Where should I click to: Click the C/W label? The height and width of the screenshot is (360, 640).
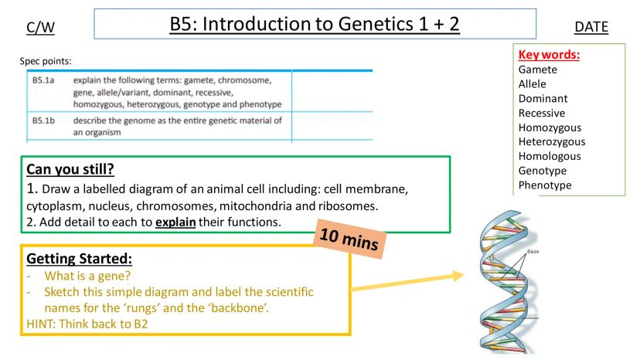click(40, 27)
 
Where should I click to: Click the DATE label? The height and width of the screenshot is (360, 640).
click(591, 27)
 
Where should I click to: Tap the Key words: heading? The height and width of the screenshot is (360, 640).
click(549, 54)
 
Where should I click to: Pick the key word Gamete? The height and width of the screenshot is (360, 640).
click(537, 70)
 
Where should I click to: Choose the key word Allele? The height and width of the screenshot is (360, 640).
click(533, 83)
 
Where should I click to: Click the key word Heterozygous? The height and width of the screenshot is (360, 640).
click(552, 141)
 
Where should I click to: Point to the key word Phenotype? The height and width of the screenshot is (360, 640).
click(545, 185)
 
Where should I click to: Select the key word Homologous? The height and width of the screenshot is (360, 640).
click(550, 156)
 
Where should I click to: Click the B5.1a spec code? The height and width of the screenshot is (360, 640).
click(43, 80)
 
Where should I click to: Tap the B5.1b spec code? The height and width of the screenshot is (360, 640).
click(43, 121)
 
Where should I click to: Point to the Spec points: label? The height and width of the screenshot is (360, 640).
click(46, 61)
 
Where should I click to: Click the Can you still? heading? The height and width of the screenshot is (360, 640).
click(70, 169)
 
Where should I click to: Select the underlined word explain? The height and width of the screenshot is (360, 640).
click(175, 222)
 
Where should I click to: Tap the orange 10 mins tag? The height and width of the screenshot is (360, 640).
click(349, 239)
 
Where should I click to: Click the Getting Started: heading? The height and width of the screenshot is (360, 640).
click(79, 258)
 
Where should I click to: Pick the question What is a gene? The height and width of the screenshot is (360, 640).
click(87, 276)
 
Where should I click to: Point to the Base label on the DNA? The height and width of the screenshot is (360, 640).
click(533, 251)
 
